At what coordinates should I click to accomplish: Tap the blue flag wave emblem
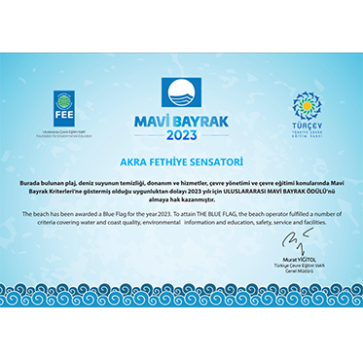click(x=181, y=95)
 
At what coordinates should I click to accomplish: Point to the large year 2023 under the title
click(x=181, y=135)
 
